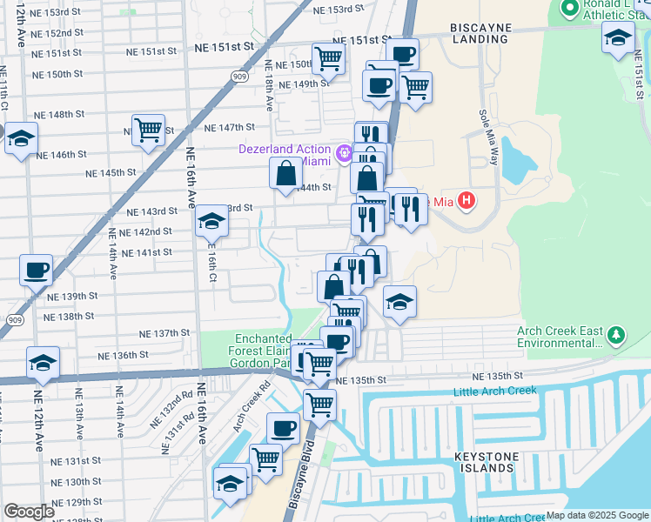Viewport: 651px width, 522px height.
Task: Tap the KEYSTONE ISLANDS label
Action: pos(486,462)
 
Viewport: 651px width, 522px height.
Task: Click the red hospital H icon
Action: pos(466,202)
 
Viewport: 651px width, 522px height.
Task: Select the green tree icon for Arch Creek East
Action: pos(616,335)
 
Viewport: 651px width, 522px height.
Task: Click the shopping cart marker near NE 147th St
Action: pos(149,130)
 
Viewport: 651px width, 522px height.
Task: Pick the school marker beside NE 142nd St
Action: pos(211,222)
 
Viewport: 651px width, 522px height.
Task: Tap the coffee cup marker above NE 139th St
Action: pos(36,270)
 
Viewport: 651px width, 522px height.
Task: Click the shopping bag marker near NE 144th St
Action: pos(285,174)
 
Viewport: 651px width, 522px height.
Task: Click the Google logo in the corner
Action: pos(29,512)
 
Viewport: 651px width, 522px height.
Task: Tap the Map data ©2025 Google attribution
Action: pos(596,515)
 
